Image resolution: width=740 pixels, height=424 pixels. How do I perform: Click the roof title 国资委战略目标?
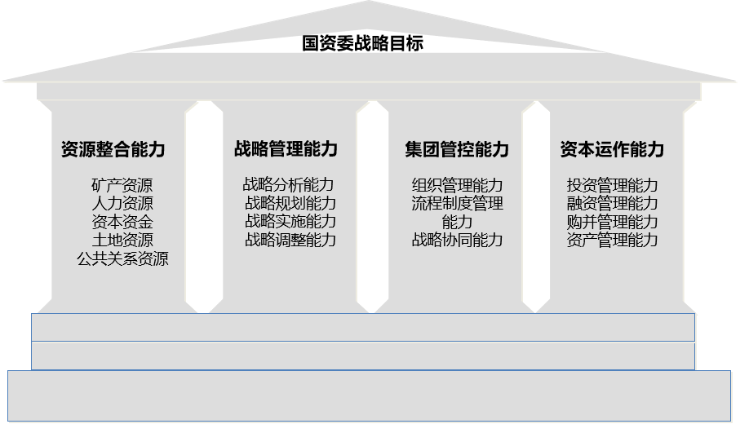click(x=362, y=44)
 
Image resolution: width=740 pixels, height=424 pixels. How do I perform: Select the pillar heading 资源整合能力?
click(x=113, y=149)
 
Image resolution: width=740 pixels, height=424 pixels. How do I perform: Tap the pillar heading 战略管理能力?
click(x=286, y=149)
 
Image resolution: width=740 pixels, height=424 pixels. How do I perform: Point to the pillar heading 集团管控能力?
click(x=457, y=149)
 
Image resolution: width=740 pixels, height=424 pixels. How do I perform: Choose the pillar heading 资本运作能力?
click(x=612, y=149)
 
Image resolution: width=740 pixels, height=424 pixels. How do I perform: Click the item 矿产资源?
click(x=122, y=186)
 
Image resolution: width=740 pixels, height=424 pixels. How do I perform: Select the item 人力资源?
click(x=122, y=204)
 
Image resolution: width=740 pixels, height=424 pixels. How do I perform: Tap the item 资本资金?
click(x=122, y=222)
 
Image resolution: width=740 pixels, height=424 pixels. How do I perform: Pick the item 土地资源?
click(x=122, y=240)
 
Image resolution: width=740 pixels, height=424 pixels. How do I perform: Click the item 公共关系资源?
click(x=122, y=259)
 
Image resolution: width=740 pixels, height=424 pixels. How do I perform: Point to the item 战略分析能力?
click(x=289, y=185)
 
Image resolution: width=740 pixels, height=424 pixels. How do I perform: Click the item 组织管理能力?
click(x=457, y=185)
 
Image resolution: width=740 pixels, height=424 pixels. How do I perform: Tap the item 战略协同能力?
click(x=457, y=240)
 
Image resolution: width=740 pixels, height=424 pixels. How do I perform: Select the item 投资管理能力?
click(x=612, y=185)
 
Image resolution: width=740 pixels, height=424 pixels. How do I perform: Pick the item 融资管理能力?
click(x=612, y=203)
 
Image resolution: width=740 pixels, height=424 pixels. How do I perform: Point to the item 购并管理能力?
click(x=612, y=222)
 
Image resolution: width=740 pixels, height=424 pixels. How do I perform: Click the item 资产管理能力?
click(x=612, y=240)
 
